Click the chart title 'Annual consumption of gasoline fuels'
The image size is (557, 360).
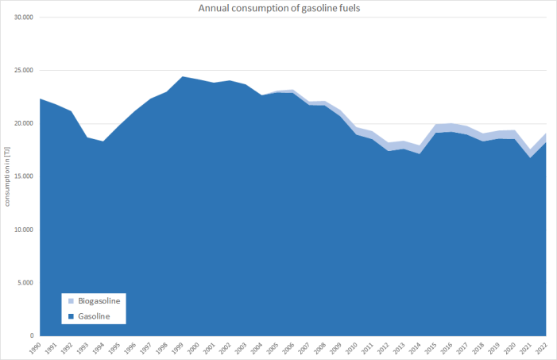[278, 9]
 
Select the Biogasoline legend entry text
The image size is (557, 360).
[101, 302]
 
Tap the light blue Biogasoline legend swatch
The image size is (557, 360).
[71, 302]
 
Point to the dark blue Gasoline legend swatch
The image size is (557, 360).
[71, 316]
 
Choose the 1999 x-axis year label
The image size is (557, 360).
[181, 347]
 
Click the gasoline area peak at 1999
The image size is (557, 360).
[182, 77]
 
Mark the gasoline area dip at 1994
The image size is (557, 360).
[103, 142]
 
